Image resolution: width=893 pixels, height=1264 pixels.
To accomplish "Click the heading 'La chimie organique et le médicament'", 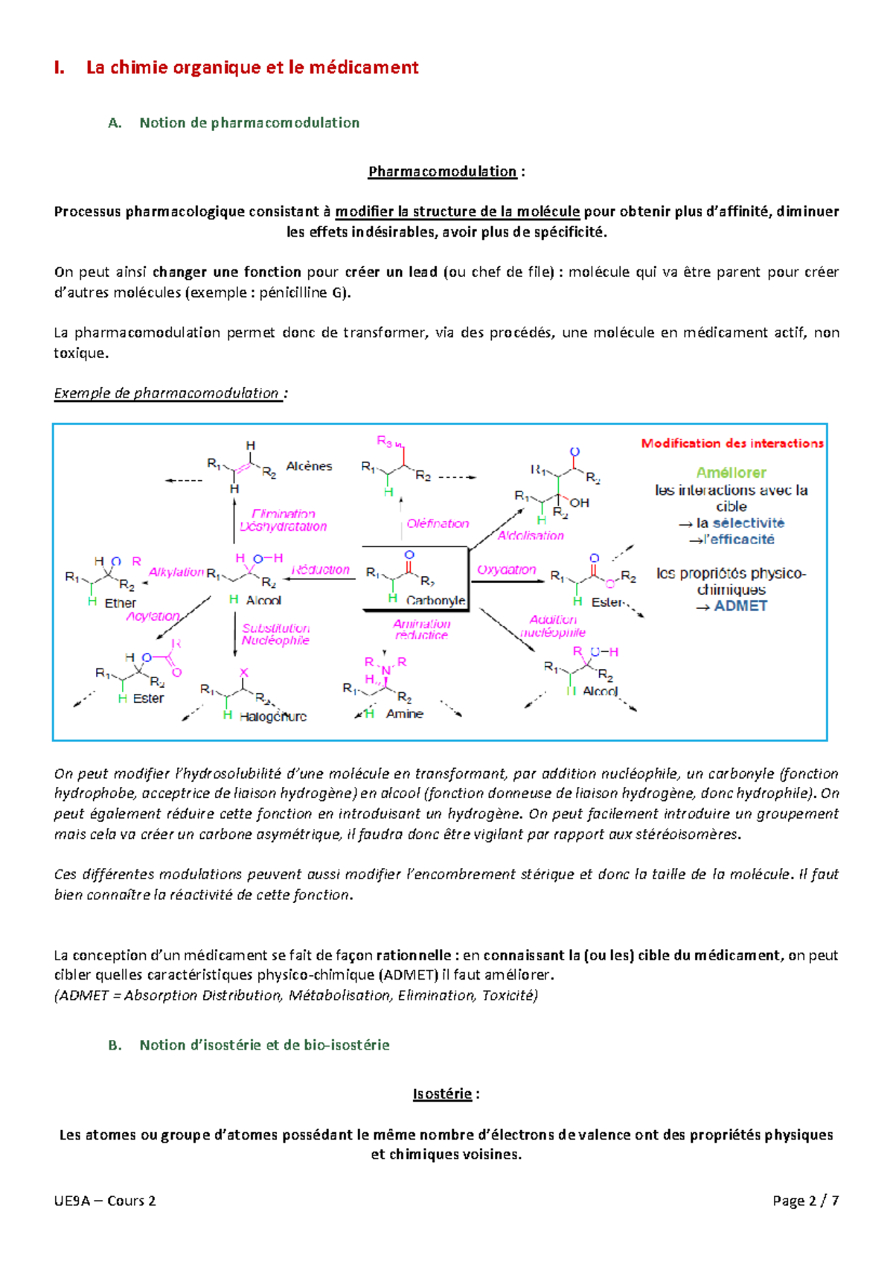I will (x=252, y=68).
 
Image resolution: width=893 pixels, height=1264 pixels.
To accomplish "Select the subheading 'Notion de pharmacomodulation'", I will (x=249, y=123).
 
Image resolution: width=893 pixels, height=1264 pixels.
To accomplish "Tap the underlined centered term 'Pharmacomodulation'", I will (x=442, y=172).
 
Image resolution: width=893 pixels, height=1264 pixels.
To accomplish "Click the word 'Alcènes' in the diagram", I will (x=309, y=466).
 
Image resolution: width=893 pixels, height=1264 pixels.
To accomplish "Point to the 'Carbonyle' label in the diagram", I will (x=436, y=600).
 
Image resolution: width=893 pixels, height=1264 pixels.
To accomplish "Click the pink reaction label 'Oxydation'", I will (x=507, y=569).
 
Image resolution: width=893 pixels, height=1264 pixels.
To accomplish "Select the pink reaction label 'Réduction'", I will (x=321, y=569).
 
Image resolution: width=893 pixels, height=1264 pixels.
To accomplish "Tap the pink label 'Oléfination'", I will (x=438, y=523).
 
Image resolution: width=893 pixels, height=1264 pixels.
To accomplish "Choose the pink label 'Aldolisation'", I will (x=531, y=535).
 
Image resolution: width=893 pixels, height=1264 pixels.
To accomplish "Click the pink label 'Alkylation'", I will (x=176, y=572).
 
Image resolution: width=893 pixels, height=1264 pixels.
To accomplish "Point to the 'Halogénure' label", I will (x=273, y=717).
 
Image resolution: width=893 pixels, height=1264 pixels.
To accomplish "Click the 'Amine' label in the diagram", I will (x=405, y=714).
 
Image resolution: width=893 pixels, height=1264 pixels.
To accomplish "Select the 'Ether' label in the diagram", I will (x=121, y=603).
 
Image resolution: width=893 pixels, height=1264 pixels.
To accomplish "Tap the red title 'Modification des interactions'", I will (x=732, y=444).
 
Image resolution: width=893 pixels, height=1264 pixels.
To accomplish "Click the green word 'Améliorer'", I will (x=731, y=473).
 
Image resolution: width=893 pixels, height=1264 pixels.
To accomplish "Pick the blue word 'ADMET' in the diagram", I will (x=740, y=606).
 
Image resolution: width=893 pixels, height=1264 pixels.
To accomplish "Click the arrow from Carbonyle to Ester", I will (x=508, y=581).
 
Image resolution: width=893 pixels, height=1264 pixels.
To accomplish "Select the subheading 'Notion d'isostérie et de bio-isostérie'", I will (x=264, y=1045).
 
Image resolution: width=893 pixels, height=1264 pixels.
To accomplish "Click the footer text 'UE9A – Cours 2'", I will (x=105, y=1201).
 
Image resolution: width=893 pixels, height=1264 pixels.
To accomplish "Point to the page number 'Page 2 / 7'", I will (x=806, y=1201).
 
